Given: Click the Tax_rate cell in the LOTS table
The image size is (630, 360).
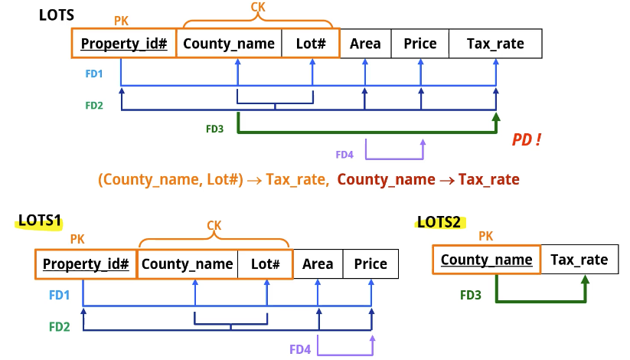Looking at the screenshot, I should click(x=495, y=44).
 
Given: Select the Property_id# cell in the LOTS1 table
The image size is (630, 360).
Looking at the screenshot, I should click(x=86, y=264).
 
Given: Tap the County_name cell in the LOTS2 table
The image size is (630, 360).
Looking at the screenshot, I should click(x=487, y=260).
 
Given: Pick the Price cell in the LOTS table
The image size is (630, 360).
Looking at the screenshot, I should click(x=419, y=44).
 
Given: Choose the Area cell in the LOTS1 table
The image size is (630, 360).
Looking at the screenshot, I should click(x=318, y=264).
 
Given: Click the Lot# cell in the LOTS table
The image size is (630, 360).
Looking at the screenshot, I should click(x=310, y=44).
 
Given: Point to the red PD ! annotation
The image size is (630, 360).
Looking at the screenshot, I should click(x=527, y=141).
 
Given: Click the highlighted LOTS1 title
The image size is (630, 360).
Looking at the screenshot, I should click(x=39, y=221).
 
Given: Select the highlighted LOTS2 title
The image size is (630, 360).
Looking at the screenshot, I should click(x=439, y=222).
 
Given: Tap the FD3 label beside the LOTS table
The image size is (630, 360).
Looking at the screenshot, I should click(x=214, y=129).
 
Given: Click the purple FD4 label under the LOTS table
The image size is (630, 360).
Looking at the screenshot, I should click(x=344, y=155).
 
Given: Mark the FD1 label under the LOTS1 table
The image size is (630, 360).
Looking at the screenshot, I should click(x=59, y=294).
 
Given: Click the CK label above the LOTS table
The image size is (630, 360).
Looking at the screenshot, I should click(x=259, y=7).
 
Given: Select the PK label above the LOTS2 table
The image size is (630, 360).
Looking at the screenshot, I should click(x=486, y=237).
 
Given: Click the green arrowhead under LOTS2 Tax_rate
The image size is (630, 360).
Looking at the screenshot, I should click(x=585, y=282).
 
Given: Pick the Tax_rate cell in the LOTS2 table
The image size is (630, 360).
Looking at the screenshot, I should click(x=579, y=260).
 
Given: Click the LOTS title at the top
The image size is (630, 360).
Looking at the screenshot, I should click(x=57, y=14).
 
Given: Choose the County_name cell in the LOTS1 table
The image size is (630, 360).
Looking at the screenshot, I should click(x=187, y=264).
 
